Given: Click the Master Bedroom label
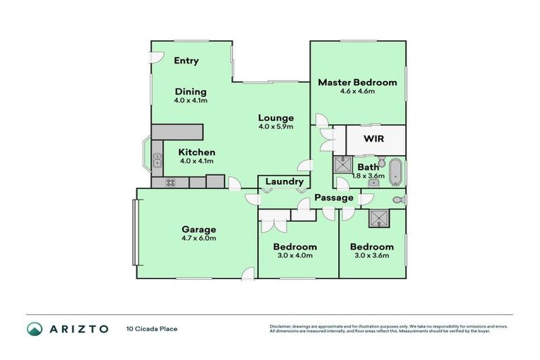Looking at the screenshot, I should tap(357, 82).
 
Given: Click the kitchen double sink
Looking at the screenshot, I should tap(157, 159).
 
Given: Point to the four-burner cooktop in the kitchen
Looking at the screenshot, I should tap(170, 182).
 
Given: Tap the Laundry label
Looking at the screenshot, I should tap(283, 181).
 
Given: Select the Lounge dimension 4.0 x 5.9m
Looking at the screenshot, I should tap(275, 127).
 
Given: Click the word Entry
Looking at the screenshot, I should tap(186, 60).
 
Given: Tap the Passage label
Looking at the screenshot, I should tap(333, 198).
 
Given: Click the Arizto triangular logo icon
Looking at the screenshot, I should tap(34, 328).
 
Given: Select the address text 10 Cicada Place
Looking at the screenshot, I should tap(153, 328).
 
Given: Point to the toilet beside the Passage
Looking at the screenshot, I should tap(398, 200).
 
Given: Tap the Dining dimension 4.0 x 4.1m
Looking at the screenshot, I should tap(191, 101).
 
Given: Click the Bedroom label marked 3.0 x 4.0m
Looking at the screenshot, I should tap(295, 247).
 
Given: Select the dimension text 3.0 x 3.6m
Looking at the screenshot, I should tap(372, 255).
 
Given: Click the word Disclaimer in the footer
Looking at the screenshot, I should tap(281, 326).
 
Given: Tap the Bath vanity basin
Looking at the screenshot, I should tap(374, 183).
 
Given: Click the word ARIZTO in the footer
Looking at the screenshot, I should tap(78, 328).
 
